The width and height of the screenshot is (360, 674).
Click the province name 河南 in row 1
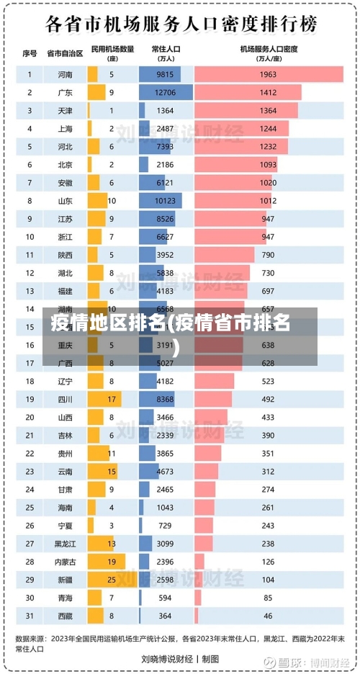click(x=65, y=74)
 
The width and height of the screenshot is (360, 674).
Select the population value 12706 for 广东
click(x=166, y=92)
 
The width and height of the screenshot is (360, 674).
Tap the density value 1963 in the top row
click(x=269, y=74)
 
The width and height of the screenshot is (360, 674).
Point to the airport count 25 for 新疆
click(x=112, y=579)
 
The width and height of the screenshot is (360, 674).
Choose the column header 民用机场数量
click(x=112, y=49)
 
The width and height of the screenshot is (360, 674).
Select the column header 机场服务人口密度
click(x=269, y=49)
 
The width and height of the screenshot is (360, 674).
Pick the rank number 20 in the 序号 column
click(x=30, y=417)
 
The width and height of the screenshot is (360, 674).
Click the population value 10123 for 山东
click(x=166, y=201)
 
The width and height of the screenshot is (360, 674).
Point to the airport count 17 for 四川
click(x=112, y=399)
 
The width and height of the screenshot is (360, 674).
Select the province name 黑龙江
click(x=65, y=543)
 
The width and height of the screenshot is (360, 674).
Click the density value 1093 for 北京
click(x=269, y=164)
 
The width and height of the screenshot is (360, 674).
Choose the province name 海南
click(x=65, y=507)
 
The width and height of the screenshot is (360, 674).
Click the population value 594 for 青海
click(x=166, y=597)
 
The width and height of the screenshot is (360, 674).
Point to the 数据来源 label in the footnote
click(x=30, y=637)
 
